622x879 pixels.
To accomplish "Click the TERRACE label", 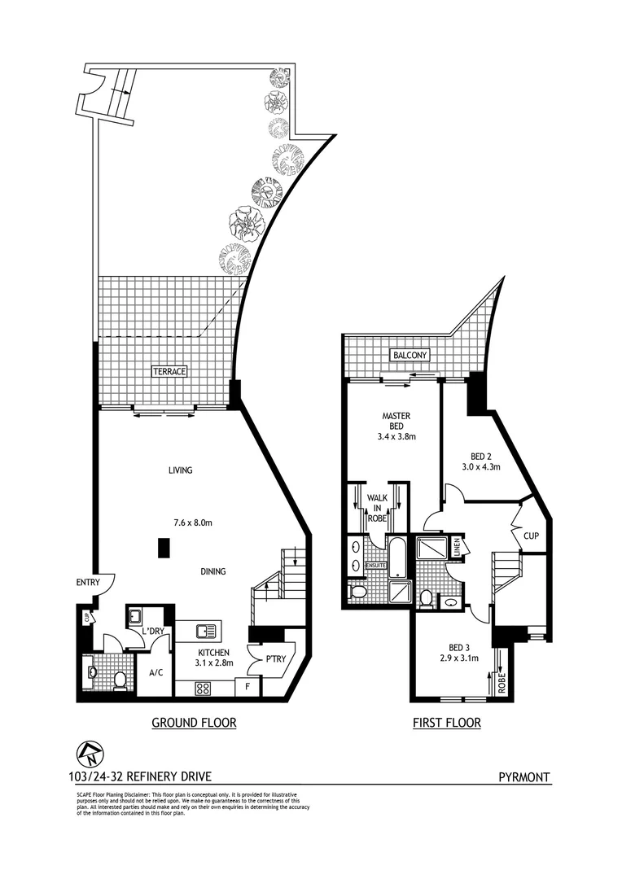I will (169, 371).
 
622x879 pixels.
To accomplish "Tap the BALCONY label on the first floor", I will (410, 356).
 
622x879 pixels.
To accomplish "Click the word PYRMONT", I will (524, 777).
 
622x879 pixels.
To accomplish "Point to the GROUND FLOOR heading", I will (194, 722).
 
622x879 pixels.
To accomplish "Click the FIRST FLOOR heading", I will (446, 722).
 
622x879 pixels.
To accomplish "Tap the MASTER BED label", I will (396, 426).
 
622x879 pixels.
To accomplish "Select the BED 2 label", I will (484, 461).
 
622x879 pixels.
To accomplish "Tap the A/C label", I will (156, 673).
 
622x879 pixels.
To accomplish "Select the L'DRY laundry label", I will (154, 632).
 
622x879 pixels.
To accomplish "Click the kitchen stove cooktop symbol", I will (203, 688).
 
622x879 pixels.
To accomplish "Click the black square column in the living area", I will (164, 549).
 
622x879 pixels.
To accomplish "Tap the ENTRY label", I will (87, 582).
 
